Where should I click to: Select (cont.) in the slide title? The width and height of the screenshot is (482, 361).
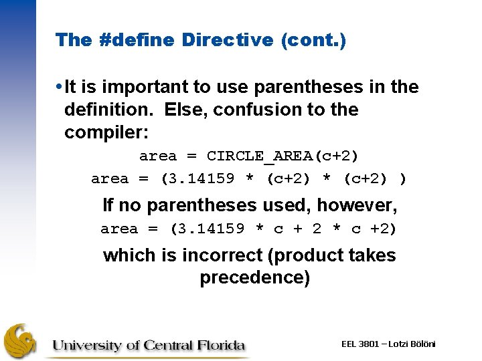point(313,40)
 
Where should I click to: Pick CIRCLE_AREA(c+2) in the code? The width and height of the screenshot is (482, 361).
point(283,156)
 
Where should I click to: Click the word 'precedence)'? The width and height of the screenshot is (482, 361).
point(254,278)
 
